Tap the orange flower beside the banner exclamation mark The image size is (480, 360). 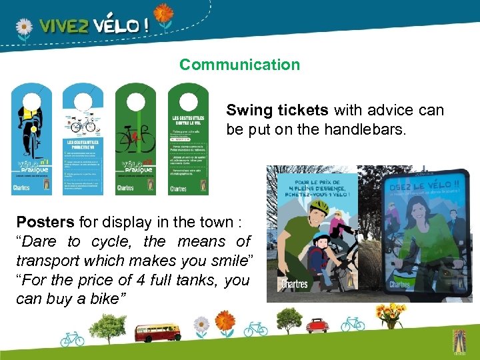click(163, 13)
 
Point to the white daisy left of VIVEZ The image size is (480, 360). click(23, 27)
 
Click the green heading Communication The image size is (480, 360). click(239, 65)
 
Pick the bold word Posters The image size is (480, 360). click(46, 222)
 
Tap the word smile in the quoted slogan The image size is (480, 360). click(226, 261)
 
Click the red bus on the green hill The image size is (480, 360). click(157, 331)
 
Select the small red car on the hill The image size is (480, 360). click(317, 325)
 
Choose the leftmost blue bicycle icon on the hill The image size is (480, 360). click(72, 339)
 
